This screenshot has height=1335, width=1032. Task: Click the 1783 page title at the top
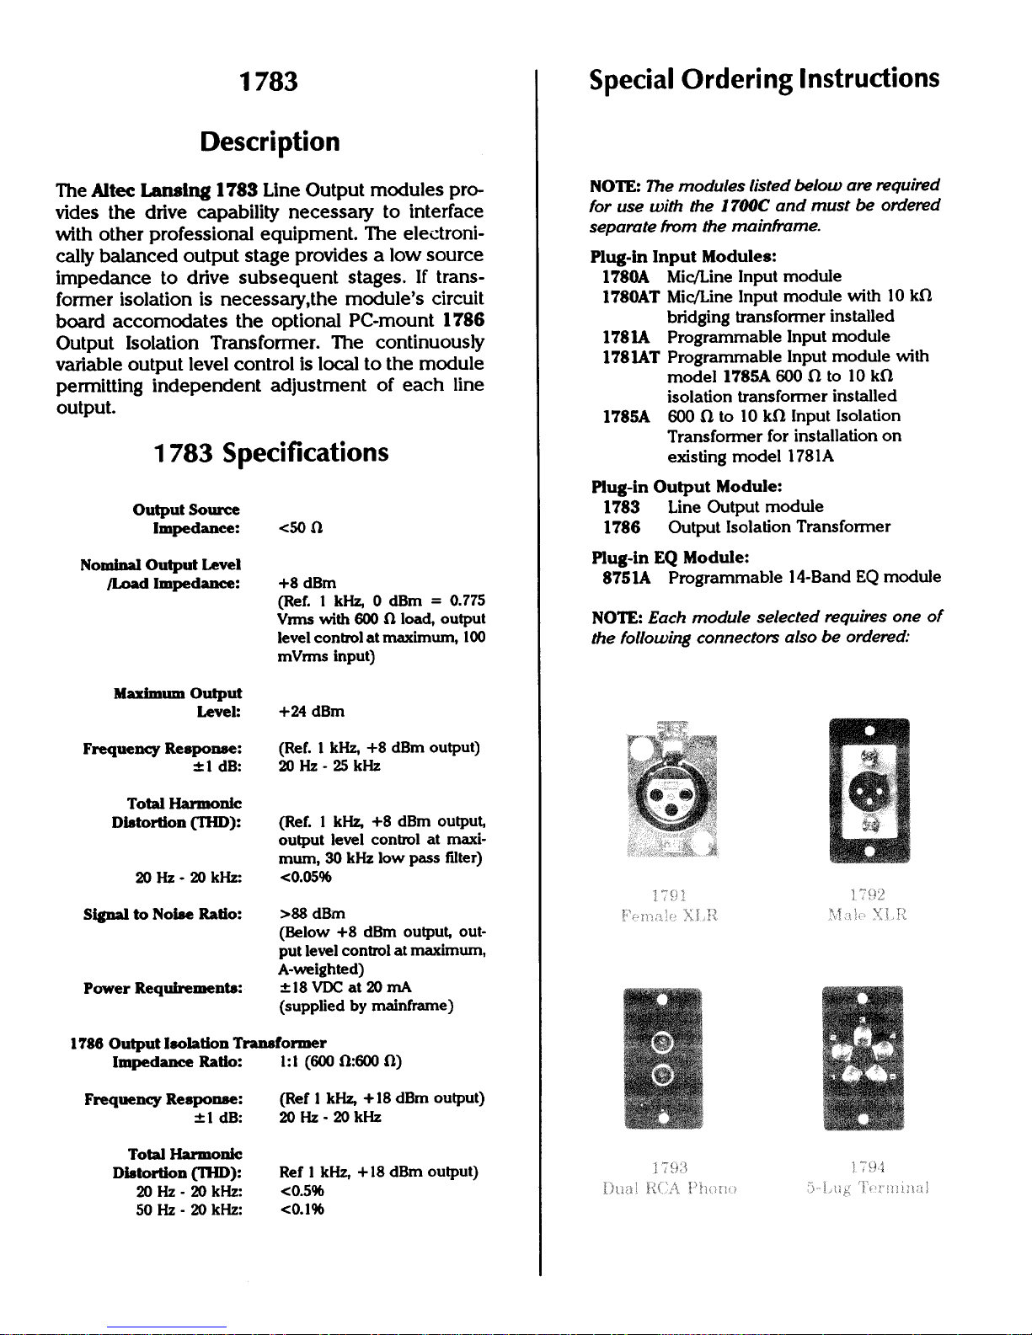pos(269,82)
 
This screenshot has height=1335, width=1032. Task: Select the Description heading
pos(270,142)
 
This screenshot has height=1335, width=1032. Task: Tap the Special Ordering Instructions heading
pos(764,79)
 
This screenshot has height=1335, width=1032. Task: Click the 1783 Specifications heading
pos(270,452)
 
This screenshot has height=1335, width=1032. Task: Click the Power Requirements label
pos(163,988)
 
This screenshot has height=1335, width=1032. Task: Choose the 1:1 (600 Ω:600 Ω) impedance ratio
pos(340,1061)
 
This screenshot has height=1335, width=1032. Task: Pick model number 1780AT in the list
pos(630,296)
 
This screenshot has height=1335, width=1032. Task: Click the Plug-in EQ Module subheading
pos(671,558)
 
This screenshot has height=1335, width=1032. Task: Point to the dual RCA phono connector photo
pos(663,1058)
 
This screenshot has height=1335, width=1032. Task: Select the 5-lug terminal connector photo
pos(863,1058)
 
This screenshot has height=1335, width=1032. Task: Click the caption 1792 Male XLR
pos(868,905)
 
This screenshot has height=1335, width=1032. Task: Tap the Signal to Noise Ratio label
pos(163,914)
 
